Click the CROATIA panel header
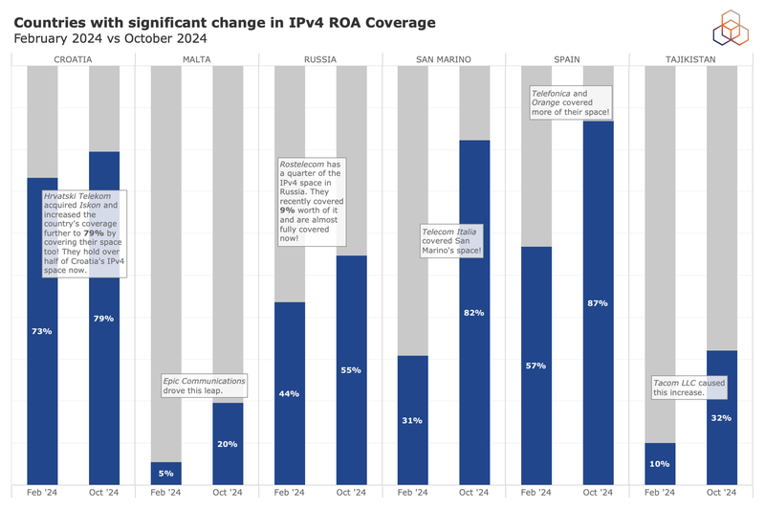click(x=73, y=59)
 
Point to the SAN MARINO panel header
click(x=443, y=59)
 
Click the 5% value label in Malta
click(x=165, y=473)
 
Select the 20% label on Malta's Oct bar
click(x=228, y=444)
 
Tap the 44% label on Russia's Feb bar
click(x=289, y=393)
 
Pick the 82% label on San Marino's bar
click(x=474, y=313)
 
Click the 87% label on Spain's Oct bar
click(x=598, y=303)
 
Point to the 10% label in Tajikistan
click(x=660, y=463)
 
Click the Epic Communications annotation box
click(x=204, y=386)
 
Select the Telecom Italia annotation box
click(x=452, y=241)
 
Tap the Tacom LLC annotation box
click(x=689, y=388)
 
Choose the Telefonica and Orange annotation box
click(x=570, y=103)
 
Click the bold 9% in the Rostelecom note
click(x=285, y=210)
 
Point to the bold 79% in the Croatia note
click(x=94, y=233)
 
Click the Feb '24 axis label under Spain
click(x=535, y=493)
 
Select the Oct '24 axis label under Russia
click(x=351, y=493)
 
